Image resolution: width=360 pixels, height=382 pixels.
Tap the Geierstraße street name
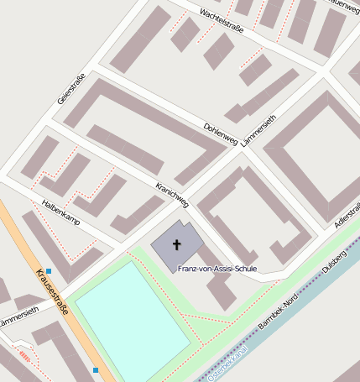(x=70, y=87)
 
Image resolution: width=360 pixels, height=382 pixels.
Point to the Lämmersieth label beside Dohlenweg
(x=258, y=129)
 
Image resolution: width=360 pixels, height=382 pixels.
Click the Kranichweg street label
(x=172, y=193)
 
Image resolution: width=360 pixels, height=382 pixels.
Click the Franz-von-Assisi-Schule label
(x=217, y=269)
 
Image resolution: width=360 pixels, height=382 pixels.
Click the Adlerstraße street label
(x=346, y=215)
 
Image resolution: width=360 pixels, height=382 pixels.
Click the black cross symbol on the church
(x=177, y=245)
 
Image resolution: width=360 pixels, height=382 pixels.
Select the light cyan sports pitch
(x=130, y=314)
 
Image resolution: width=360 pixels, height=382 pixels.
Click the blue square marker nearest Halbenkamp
(x=49, y=270)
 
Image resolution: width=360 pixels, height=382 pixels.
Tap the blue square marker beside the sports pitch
(x=96, y=370)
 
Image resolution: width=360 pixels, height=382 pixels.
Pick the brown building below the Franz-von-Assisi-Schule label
(x=222, y=292)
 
